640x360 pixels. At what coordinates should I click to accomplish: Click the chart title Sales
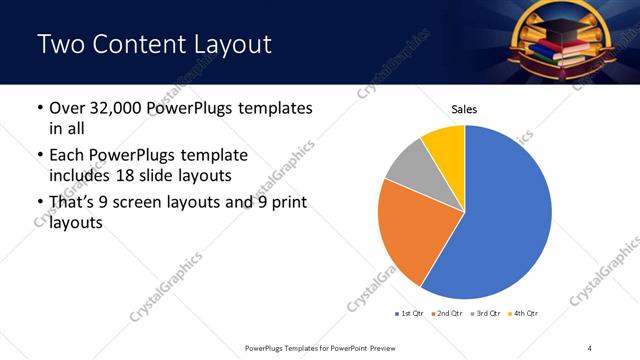click(464, 109)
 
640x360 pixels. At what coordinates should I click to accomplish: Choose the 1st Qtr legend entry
click(410, 314)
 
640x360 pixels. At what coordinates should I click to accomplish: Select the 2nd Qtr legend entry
click(447, 314)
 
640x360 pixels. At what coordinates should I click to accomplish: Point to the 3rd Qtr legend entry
click(484, 314)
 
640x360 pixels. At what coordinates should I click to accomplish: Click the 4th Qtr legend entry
click(521, 314)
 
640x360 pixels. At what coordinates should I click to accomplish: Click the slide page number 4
click(590, 347)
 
